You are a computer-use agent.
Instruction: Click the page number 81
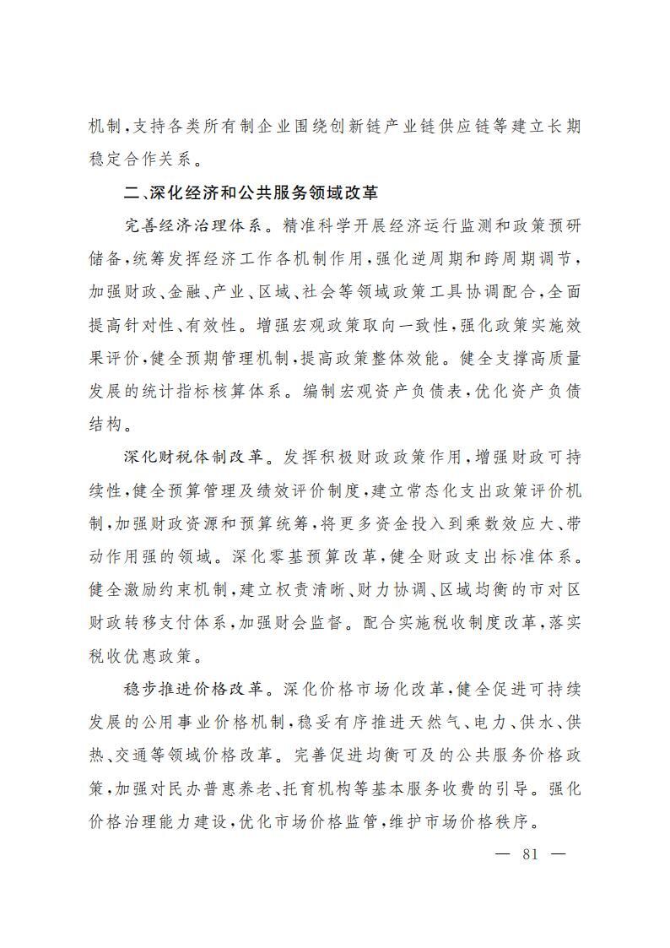tap(531, 853)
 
